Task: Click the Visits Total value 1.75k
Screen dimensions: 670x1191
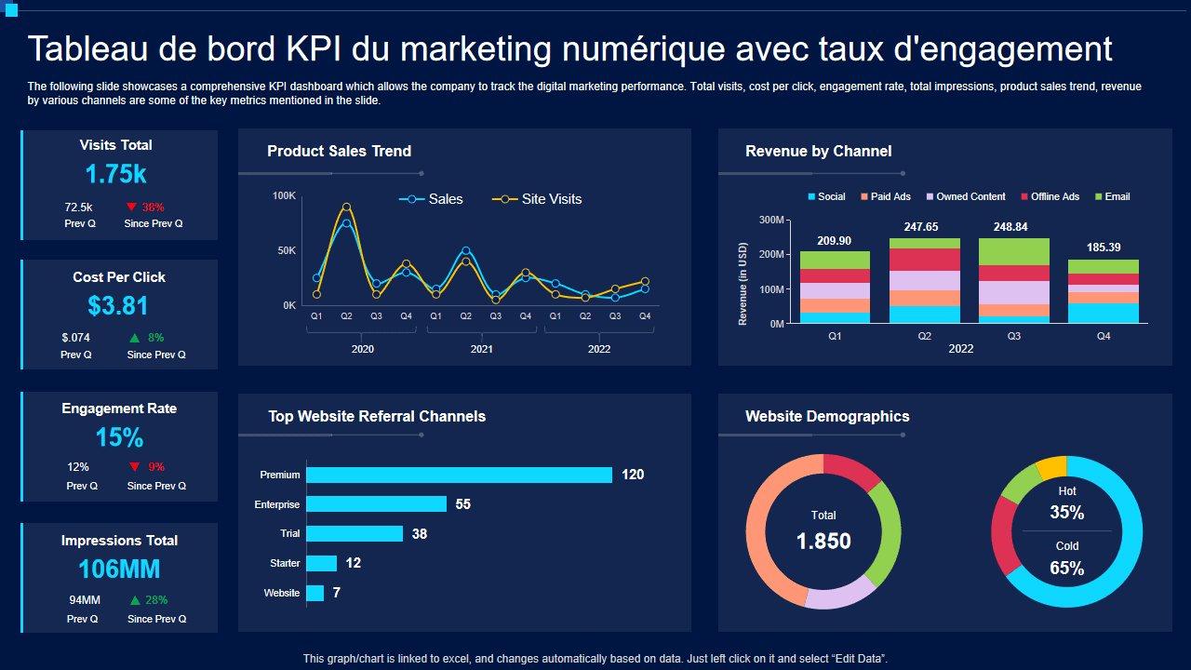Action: (x=115, y=174)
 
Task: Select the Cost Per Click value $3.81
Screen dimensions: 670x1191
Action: (x=118, y=306)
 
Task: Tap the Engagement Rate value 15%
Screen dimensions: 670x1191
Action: (x=119, y=437)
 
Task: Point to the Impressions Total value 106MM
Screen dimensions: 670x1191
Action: (x=119, y=569)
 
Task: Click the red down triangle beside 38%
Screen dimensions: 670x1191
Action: (x=131, y=207)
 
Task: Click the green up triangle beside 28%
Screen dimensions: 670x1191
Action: (x=135, y=600)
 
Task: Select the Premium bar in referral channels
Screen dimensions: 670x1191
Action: (x=459, y=475)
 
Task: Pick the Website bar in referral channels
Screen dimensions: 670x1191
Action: (x=314, y=593)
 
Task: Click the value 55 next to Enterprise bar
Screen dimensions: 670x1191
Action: (x=462, y=504)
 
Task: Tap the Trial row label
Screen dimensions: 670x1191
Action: (x=289, y=534)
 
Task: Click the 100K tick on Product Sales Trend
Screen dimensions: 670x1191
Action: (x=284, y=196)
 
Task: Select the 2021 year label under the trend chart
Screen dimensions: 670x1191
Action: (x=481, y=349)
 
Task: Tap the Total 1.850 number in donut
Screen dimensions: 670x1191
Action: (x=823, y=541)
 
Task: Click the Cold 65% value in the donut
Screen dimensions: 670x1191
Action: (x=1066, y=568)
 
